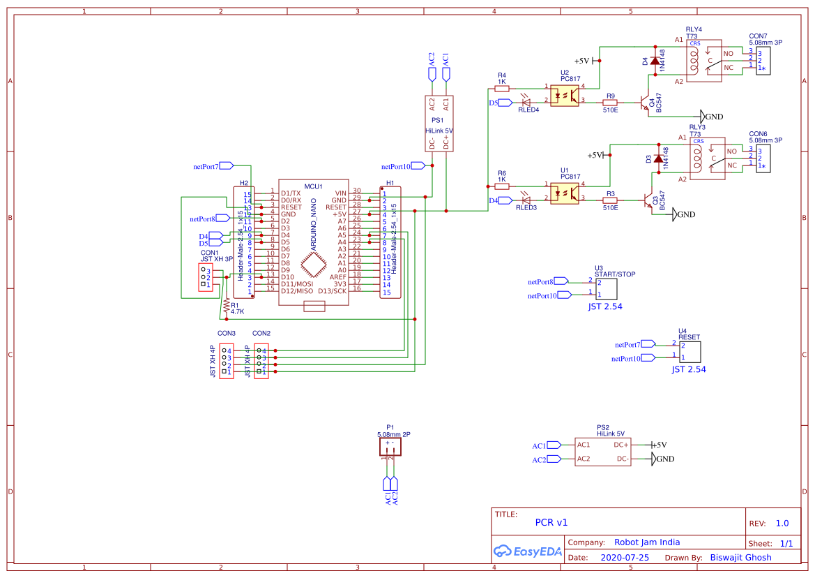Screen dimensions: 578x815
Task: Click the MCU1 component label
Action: coord(313,186)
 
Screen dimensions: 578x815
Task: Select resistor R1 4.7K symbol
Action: coord(226,305)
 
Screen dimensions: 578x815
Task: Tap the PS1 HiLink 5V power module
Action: coord(439,123)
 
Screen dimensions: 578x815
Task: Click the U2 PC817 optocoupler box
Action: coord(565,95)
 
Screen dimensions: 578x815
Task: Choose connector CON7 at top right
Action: coord(762,59)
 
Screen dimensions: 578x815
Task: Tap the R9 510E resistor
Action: coord(611,102)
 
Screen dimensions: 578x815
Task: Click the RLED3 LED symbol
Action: coord(526,200)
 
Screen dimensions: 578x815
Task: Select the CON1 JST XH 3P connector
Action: coord(206,278)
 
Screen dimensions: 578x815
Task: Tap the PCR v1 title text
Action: coord(551,522)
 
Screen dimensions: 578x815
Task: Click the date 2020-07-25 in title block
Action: coord(625,558)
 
